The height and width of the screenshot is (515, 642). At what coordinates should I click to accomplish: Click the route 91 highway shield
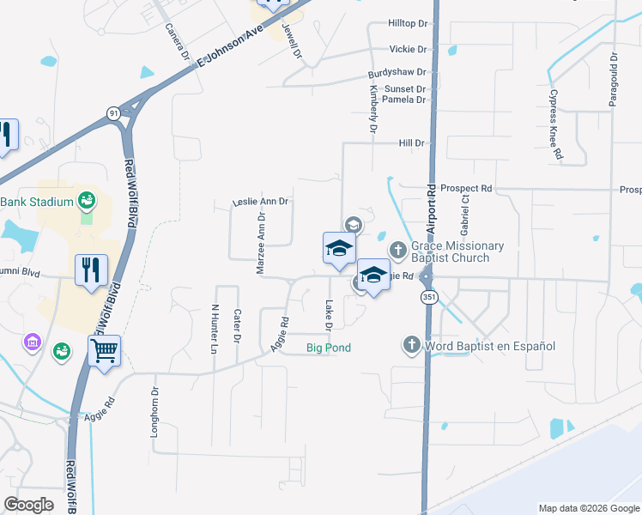pos(113,112)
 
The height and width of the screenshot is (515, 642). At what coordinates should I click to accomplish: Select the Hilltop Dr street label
pos(407,23)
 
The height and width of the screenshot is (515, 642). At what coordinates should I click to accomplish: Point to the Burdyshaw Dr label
pos(397,75)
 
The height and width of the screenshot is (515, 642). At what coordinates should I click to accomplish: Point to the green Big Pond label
pos(329,348)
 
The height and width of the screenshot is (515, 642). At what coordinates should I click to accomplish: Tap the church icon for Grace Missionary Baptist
pos(397,250)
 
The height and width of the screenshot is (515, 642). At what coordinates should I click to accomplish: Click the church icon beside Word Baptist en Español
pos(411,346)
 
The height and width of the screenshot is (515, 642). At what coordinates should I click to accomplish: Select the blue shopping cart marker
pos(104,350)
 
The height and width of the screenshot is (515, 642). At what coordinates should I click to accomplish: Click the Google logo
pos(29,505)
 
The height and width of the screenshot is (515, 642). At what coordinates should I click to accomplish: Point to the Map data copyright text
pos(588,508)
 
